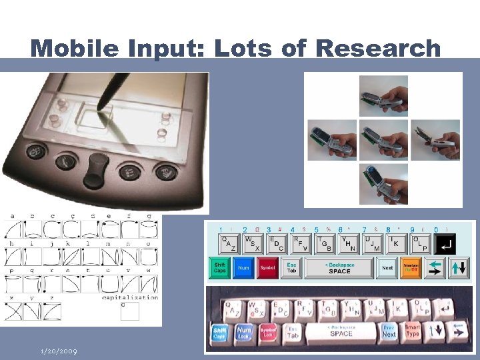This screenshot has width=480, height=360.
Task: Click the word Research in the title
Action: point(377,48)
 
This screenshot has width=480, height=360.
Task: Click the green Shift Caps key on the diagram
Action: point(220,268)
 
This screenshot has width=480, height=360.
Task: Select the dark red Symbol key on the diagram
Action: point(267,268)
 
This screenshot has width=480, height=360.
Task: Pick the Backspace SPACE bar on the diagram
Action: point(339,268)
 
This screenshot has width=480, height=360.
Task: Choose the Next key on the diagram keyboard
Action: point(387,268)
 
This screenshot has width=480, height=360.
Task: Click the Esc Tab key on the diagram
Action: point(291,268)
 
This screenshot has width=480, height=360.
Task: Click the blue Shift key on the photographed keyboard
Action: point(220,333)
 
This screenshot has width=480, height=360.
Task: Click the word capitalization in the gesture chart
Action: point(129,298)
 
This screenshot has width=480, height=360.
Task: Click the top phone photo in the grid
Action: point(383,96)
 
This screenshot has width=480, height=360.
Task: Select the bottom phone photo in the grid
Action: point(383,183)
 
